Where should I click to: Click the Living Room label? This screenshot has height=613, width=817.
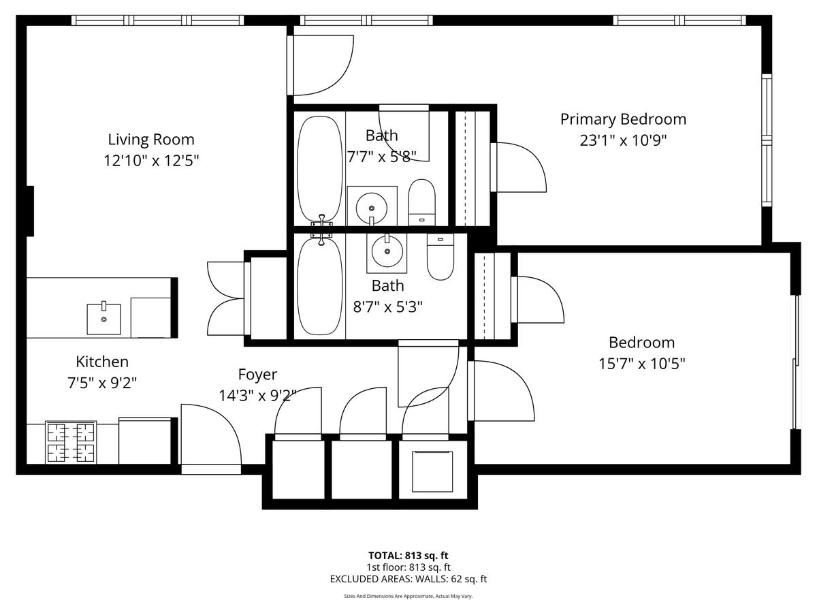151,140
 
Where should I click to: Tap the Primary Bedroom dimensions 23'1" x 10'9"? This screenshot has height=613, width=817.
623,140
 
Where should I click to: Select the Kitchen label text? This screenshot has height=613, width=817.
102,362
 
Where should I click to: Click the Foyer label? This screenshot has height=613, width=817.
257,375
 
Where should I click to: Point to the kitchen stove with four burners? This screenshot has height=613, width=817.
71,443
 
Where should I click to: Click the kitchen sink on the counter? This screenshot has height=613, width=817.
104,319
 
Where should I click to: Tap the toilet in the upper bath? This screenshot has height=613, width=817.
421,202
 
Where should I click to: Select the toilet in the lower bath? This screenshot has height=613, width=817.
440,257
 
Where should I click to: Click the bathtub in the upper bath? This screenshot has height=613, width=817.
320,170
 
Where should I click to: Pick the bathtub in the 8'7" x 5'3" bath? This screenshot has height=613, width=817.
320,286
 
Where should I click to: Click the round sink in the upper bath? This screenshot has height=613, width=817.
372,208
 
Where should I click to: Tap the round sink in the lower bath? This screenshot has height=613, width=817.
387,251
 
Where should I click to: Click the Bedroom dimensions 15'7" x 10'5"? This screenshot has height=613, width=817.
642,363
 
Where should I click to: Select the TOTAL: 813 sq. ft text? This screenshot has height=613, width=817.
408,556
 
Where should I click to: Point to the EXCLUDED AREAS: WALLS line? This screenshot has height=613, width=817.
408,579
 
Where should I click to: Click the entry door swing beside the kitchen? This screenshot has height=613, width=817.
211,435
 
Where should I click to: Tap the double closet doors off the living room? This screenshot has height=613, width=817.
226,298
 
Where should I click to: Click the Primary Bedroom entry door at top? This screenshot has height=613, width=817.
320,65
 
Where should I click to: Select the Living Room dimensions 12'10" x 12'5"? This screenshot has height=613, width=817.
151,161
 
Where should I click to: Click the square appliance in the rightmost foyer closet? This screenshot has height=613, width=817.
432,471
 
